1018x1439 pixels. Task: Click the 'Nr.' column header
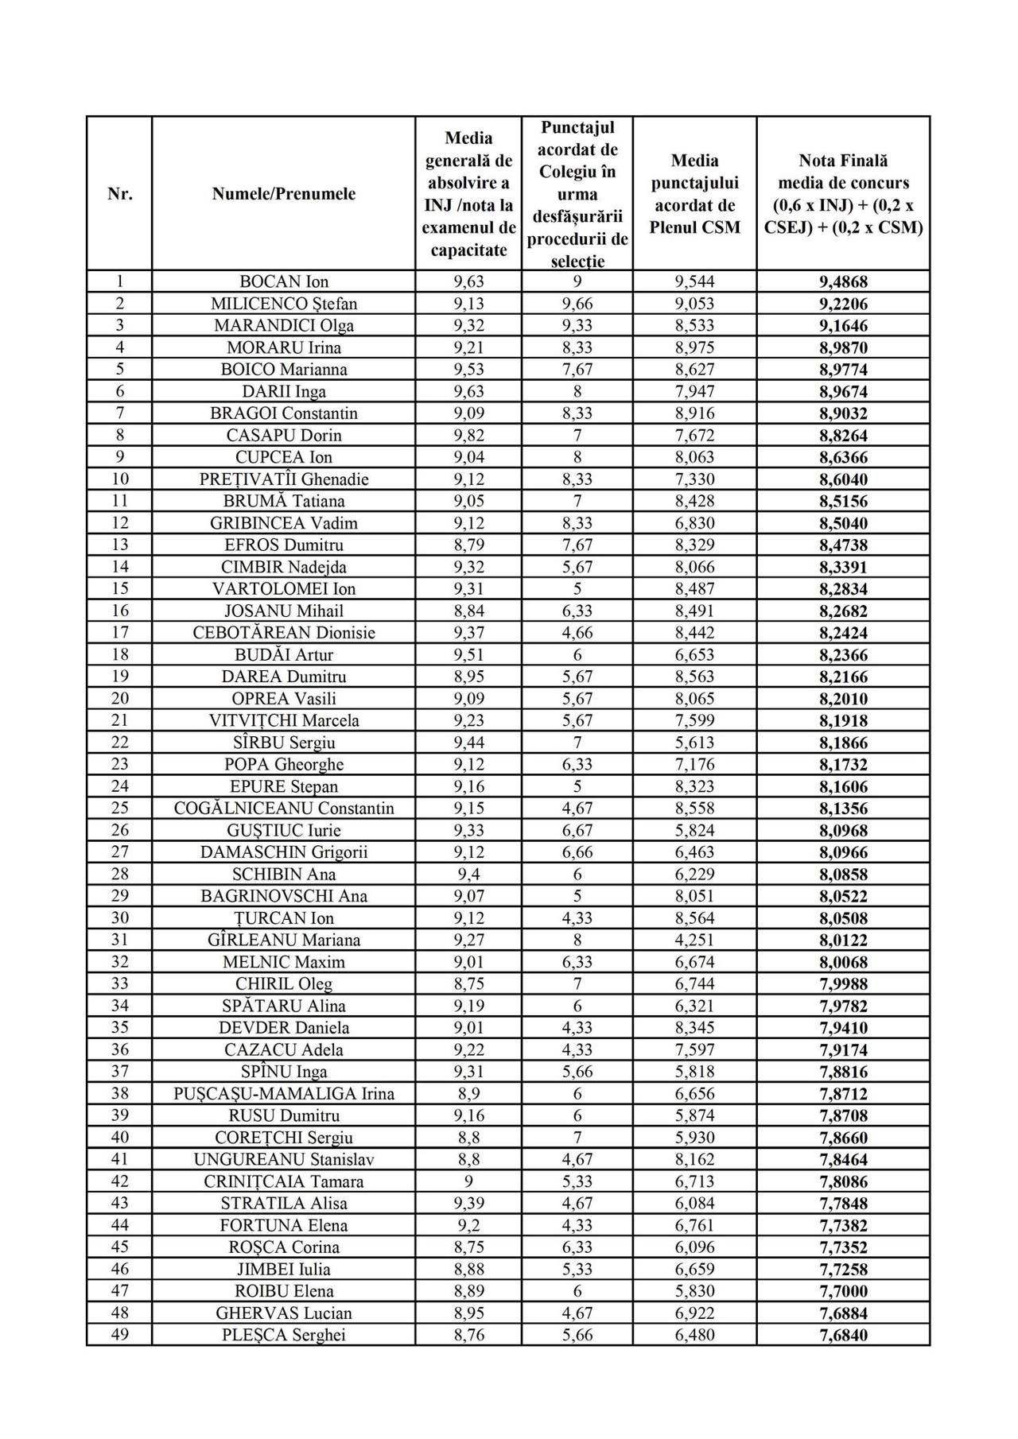(x=119, y=194)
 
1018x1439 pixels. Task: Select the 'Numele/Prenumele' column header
(x=283, y=194)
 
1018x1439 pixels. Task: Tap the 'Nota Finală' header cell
(x=843, y=194)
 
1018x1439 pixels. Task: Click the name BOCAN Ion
(x=284, y=281)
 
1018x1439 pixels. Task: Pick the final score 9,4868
(x=843, y=281)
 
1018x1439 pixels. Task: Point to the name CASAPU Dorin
(x=284, y=435)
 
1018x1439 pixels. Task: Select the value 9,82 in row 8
(x=468, y=435)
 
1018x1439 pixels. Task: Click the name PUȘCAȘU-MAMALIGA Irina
(x=284, y=1093)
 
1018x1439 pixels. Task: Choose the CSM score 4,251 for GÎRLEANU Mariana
(x=694, y=940)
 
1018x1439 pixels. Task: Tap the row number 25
(x=119, y=808)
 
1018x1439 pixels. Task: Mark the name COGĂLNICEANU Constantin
(x=284, y=808)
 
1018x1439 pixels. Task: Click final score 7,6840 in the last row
(x=843, y=1335)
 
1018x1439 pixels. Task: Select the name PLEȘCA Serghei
(x=284, y=1335)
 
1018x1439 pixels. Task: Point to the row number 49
(x=119, y=1335)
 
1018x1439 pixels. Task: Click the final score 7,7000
(x=843, y=1291)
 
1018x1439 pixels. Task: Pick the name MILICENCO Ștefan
(x=284, y=304)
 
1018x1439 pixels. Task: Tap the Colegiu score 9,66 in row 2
(x=577, y=304)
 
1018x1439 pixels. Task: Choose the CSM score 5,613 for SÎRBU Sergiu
(x=694, y=743)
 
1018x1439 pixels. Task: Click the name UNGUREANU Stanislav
(x=284, y=1159)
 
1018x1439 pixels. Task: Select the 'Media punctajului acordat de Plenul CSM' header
(x=694, y=194)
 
